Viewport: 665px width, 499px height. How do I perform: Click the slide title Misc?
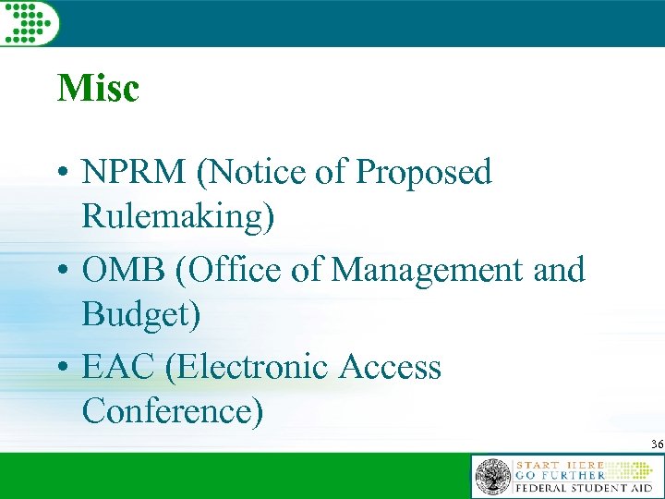pos(98,89)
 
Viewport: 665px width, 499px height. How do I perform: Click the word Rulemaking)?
pos(177,216)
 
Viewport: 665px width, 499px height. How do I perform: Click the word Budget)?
pos(140,314)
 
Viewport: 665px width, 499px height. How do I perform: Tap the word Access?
pos(390,367)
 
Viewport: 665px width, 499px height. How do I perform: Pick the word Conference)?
pos(173,411)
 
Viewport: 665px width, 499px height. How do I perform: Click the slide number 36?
pos(656,444)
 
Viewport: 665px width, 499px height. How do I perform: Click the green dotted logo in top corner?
pos(29,21)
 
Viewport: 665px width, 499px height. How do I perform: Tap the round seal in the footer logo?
pos(492,477)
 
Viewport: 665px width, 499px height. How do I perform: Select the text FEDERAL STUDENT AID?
pos(584,488)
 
